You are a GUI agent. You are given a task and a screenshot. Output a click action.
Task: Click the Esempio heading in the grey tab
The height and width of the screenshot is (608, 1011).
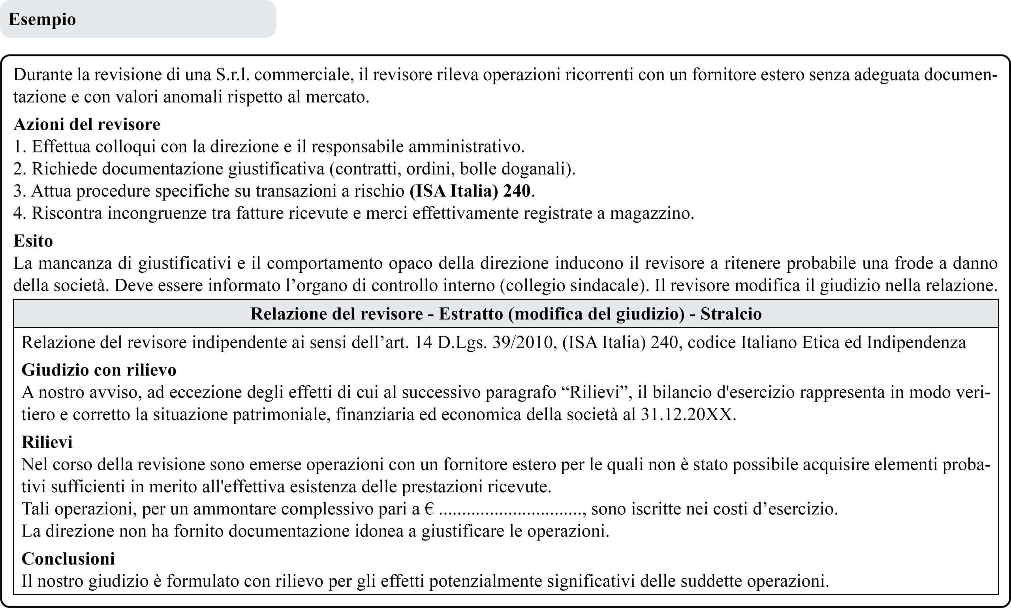[42, 19]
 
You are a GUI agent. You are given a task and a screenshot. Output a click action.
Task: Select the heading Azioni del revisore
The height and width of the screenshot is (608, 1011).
[87, 124]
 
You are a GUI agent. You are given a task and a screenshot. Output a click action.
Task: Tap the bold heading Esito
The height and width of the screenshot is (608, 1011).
[33, 241]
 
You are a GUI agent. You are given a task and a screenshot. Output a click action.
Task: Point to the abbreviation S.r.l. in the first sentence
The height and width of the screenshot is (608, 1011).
[232, 75]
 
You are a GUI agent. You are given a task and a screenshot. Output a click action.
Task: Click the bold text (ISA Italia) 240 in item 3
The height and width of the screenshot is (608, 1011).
[470, 191]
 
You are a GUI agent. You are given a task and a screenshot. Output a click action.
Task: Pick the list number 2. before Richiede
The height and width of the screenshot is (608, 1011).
[20, 169]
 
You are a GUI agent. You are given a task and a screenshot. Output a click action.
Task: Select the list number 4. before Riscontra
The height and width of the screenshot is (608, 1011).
[20, 213]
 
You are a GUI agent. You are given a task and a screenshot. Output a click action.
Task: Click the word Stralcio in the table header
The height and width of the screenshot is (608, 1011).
[731, 314]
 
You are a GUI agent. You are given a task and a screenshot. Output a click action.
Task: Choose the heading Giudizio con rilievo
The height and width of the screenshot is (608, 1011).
[99, 370]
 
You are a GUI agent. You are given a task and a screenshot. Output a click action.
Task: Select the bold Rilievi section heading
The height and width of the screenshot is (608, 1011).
[47, 442]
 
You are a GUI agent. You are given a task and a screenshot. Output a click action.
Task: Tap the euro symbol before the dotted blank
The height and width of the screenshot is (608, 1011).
[429, 509]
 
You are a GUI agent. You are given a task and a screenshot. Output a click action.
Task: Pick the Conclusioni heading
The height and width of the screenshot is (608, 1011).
[68, 559]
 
